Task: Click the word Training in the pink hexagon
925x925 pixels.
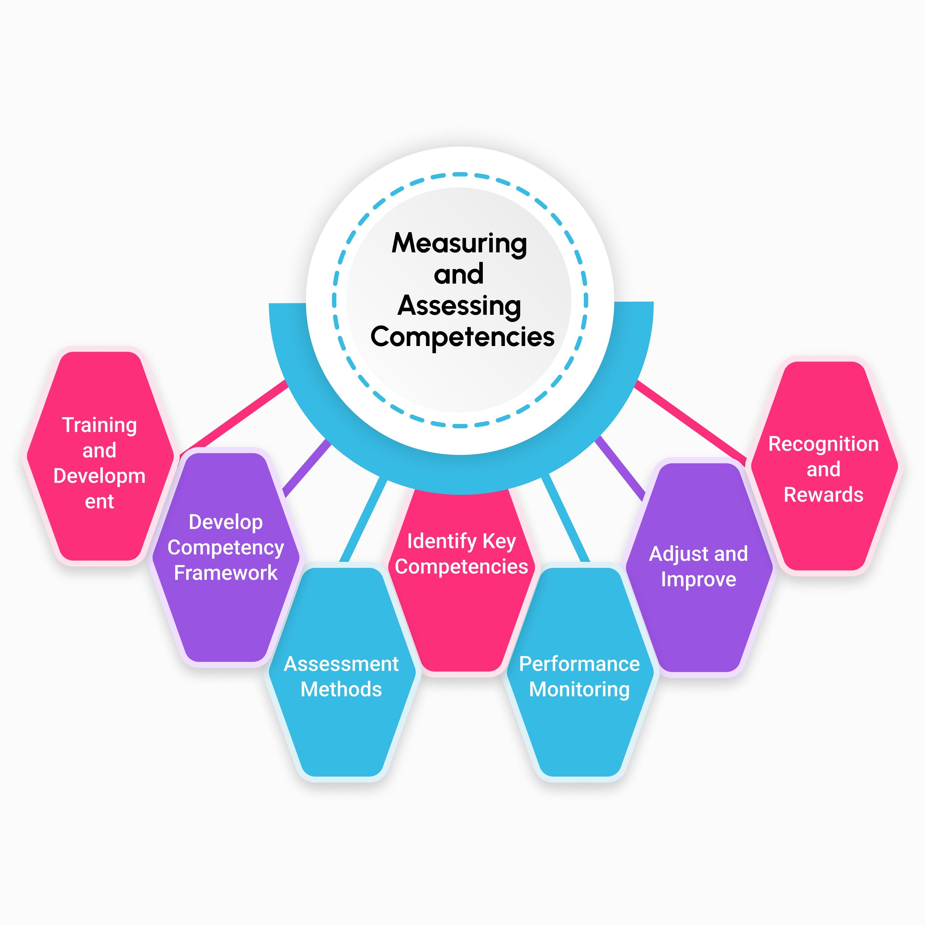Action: click(x=100, y=425)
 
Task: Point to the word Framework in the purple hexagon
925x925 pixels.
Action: click(x=225, y=573)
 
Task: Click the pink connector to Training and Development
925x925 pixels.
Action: click(x=235, y=417)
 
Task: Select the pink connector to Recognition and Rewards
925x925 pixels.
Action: click(x=689, y=419)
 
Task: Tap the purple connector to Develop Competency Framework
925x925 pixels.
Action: click(x=306, y=467)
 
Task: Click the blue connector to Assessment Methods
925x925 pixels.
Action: click(x=364, y=519)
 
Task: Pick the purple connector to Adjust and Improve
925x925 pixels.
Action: click(x=620, y=467)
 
